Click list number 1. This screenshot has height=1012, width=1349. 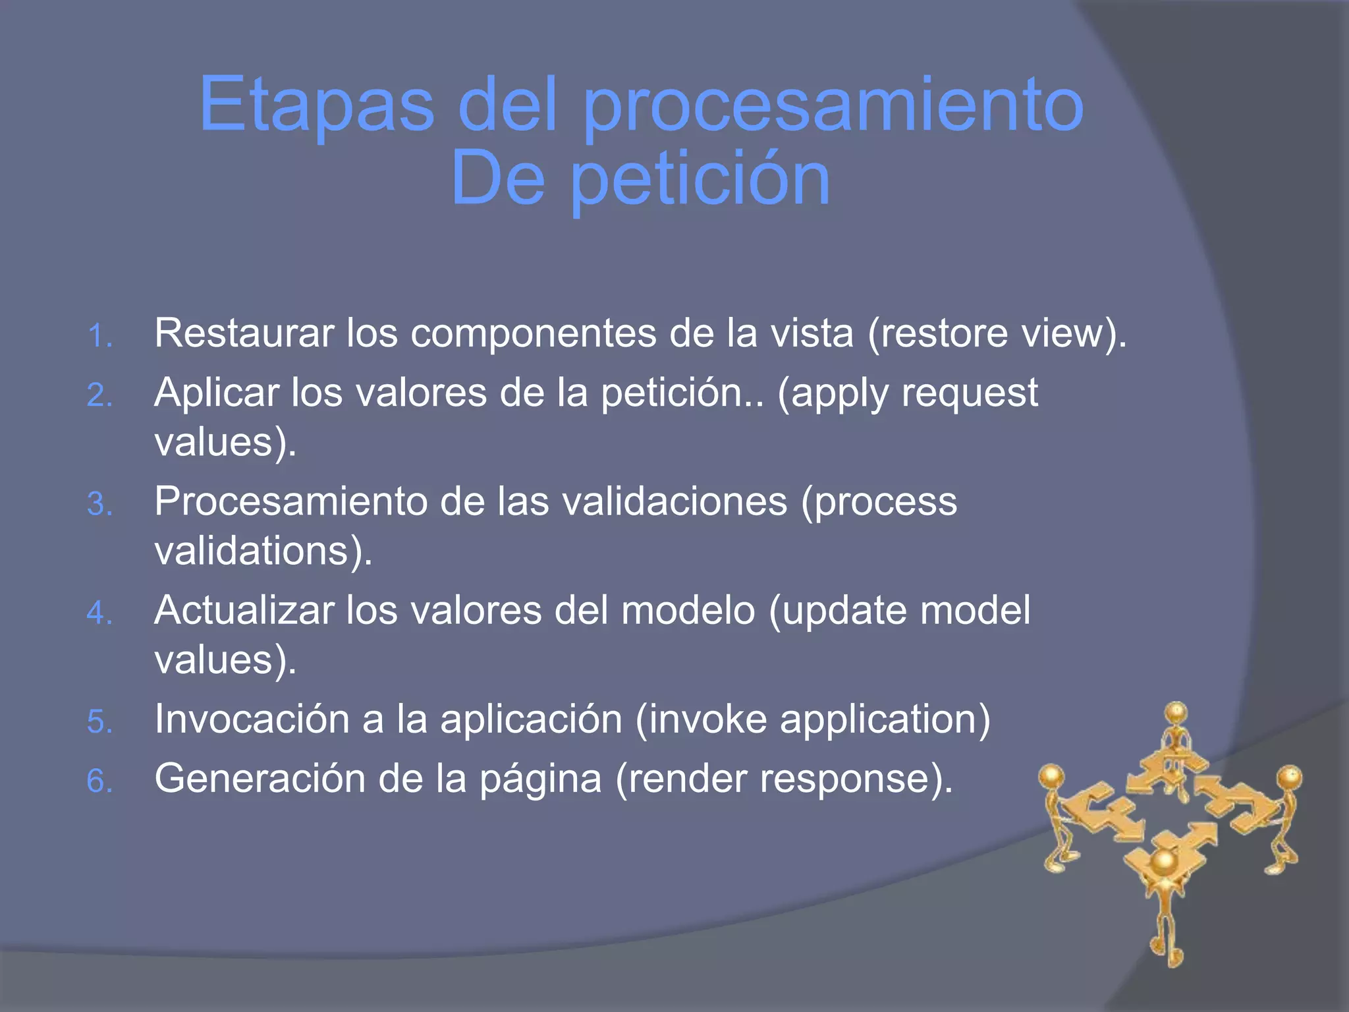pos(99,336)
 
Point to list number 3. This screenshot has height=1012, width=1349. pos(99,505)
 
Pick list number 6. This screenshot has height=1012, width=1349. pos(99,781)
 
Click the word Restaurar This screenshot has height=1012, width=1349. pos(244,333)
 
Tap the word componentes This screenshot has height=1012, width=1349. pos(533,333)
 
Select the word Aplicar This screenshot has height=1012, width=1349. pos(216,393)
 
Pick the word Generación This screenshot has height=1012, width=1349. pos(260,779)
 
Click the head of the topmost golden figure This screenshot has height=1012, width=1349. pos(1176,713)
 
